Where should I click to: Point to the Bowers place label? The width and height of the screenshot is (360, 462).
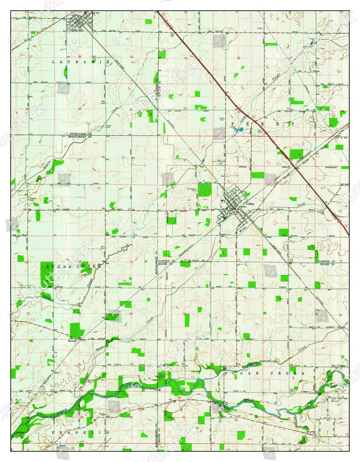72,341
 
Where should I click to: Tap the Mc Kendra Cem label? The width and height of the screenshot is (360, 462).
192,190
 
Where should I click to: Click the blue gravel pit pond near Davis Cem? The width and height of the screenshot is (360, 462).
239,131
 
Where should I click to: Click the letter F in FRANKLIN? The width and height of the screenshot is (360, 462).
53,433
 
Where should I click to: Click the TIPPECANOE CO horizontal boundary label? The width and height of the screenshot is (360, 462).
80,135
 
